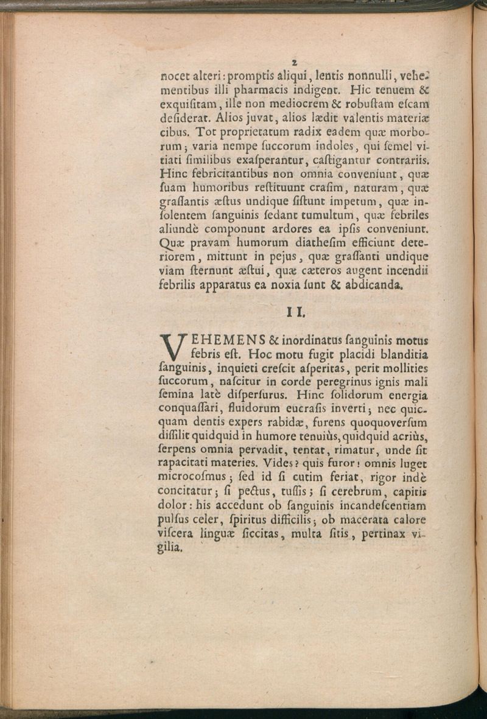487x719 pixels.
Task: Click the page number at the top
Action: (x=294, y=61)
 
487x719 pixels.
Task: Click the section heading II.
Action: (x=296, y=314)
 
